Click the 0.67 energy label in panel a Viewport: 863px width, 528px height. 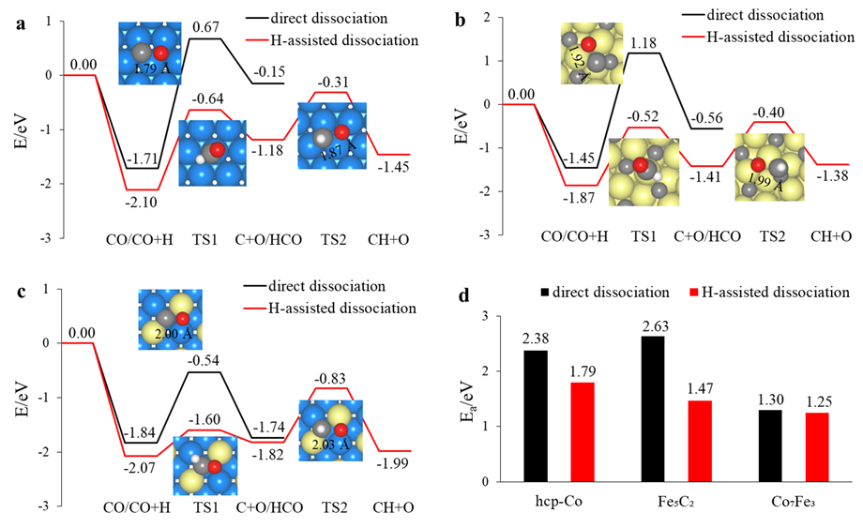tap(206, 27)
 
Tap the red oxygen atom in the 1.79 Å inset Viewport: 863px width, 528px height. tap(160, 53)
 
